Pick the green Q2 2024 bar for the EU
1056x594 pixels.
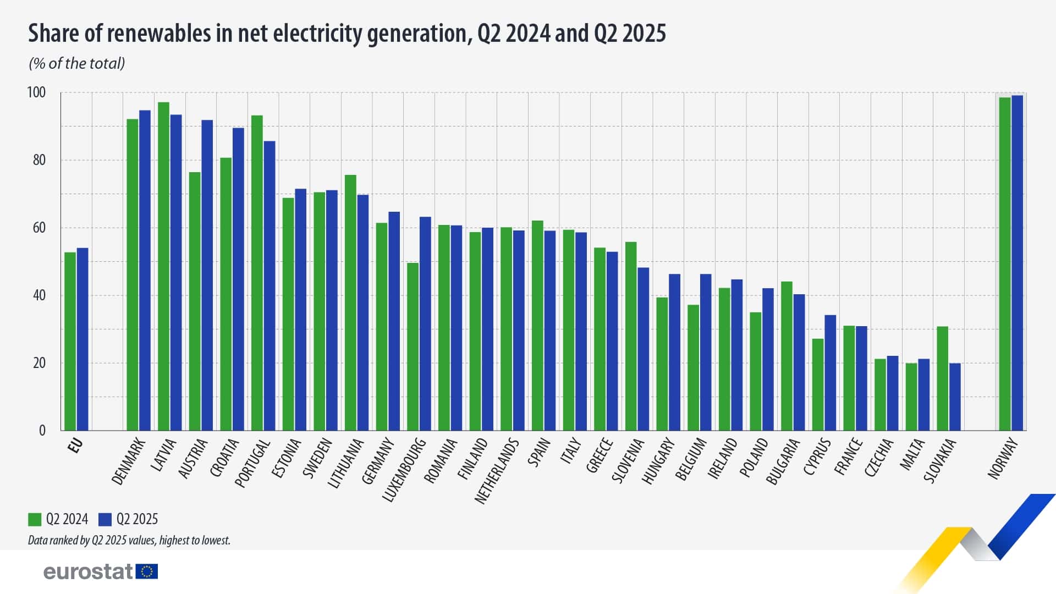pyautogui.click(x=70, y=341)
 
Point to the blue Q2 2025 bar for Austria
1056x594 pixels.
pyautogui.click(x=207, y=275)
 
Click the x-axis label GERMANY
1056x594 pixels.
pyautogui.click(x=378, y=461)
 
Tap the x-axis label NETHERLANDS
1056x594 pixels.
pyautogui.click(x=497, y=471)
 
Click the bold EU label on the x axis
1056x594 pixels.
pyautogui.click(x=75, y=446)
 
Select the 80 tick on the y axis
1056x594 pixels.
pyautogui.click(x=39, y=160)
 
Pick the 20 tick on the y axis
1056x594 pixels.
pyautogui.click(x=39, y=363)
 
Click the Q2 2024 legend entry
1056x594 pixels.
pyautogui.click(x=58, y=519)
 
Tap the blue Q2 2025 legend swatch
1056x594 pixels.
pyautogui.click(x=105, y=519)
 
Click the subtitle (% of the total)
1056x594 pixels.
pyautogui.click(x=77, y=64)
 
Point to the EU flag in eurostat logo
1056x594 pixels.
pyautogui.click(x=146, y=571)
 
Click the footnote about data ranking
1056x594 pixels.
pyautogui.click(x=129, y=540)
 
